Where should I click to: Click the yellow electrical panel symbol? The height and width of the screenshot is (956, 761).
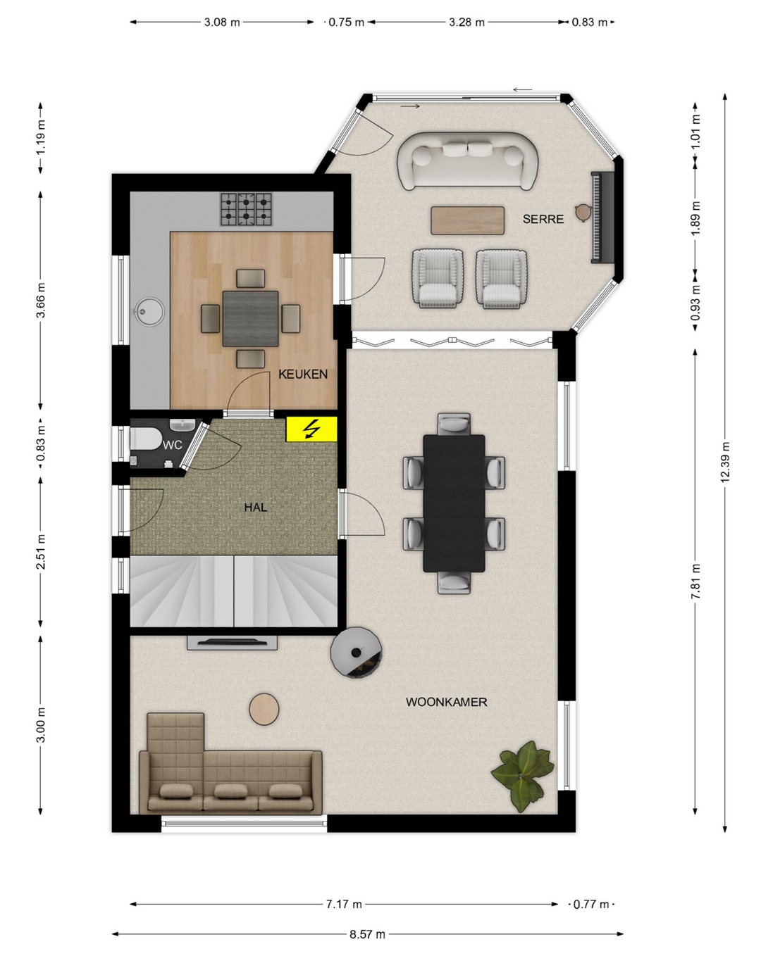pos(311,429)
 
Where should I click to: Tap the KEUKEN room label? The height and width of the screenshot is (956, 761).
pos(302,374)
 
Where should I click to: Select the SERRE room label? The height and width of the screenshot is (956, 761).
pos(543,219)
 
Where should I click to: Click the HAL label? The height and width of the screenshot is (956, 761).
pos(256,507)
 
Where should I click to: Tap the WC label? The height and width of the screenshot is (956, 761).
pos(172,445)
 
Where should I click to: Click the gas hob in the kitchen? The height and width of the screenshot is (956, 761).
pos(246,209)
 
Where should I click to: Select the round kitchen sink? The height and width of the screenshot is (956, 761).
pos(150,311)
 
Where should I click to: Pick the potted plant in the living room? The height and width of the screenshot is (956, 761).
pos(522,775)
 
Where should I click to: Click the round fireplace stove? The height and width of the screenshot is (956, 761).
pos(356,652)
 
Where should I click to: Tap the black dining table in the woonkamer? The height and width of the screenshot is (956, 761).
pos(454,503)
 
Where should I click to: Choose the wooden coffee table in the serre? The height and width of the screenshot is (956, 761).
pos(467,220)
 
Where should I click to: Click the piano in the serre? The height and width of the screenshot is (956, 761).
pos(602,218)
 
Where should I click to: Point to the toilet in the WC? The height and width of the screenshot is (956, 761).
pos(145,439)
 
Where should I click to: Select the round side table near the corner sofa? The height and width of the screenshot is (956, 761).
pos(264,710)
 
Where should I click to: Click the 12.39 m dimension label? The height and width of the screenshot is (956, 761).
pos(724,462)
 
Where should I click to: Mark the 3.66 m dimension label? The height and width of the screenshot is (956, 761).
pos(40,301)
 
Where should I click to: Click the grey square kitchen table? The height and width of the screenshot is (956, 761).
pos(250,318)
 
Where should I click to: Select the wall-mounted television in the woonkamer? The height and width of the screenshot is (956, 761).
pos(232,642)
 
